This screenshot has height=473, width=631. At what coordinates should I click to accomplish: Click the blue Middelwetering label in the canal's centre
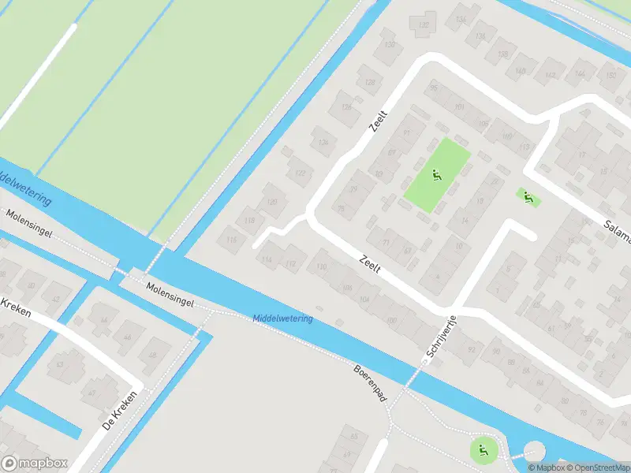(x=282, y=318)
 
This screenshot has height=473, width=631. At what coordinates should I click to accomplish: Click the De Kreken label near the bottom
(x=119, y=411)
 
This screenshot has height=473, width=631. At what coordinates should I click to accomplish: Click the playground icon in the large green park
(x=435, y=175)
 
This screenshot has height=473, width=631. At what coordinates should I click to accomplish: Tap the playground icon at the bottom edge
(x=482, y=451)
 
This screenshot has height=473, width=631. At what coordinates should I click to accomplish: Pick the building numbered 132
(x=425, y=25)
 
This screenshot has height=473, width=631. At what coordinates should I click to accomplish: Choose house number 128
(x=369, y=81)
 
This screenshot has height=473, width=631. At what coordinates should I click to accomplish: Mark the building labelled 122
(x=299, y=172)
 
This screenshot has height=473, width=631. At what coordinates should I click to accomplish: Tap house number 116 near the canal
(x=231, y=239)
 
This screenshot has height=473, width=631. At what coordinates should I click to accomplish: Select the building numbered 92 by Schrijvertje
(x=472, y=348)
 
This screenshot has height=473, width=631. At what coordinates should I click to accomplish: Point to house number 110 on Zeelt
(x=320, y=267)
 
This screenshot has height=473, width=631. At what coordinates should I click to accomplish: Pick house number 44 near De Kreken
(x=103, y=320)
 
